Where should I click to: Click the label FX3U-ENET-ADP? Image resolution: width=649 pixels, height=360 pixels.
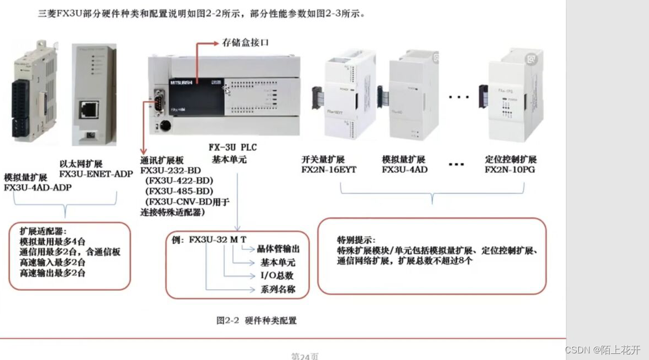tap(96, 174)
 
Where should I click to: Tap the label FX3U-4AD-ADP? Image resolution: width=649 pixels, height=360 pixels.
tap(38, 187)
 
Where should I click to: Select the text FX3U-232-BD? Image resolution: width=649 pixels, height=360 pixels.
tap(170, 170)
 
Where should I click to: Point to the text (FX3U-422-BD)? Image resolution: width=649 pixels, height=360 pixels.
tap(179, 180)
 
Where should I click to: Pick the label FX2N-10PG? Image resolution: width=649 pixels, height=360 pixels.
tap(510, 170)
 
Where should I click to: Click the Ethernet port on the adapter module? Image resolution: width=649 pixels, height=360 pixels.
tap(89, 109)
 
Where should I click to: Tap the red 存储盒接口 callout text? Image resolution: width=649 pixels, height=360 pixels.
tap(245, 43)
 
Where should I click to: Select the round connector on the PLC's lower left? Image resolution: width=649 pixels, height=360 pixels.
tap(164, 126)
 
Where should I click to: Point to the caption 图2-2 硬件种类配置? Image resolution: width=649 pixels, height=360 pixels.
tap(256, 320)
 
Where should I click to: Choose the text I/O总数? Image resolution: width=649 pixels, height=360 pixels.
tap(277, 275)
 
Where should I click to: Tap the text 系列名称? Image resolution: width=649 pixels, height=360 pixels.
tap(278, 289)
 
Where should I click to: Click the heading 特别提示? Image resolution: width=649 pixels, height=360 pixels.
tap(356, 241)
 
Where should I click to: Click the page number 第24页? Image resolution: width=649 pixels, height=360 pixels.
tap(305, 356)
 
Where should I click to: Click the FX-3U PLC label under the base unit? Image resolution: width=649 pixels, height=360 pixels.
tap(232, 148)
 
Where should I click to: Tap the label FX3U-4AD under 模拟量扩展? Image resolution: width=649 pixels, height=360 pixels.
tap(404, 170)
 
